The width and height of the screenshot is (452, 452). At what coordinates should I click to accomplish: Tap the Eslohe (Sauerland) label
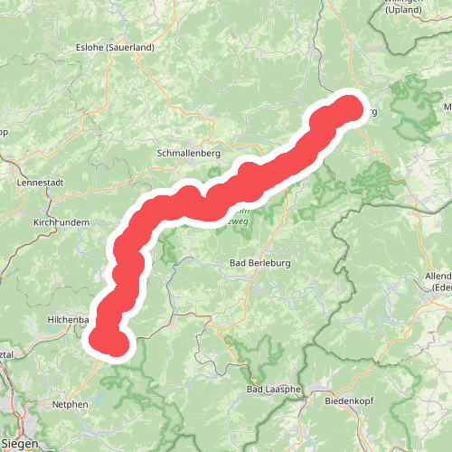tap(117, 47)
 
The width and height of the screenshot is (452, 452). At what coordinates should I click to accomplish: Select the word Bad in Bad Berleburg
tap(239, 263)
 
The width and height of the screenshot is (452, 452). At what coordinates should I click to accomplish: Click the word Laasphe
tap(285, 390)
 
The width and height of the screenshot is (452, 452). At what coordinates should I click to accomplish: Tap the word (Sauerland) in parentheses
tap(132, 47)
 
